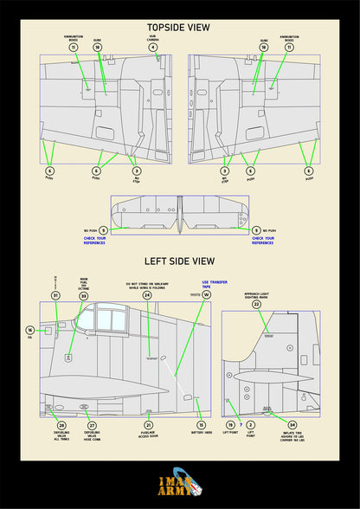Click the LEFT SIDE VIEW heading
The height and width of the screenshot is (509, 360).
coord(178,261)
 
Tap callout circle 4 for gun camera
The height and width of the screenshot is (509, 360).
coord(152,48)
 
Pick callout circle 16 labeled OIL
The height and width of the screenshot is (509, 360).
coord(30,330)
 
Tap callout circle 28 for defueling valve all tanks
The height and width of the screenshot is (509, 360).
coord(61,425)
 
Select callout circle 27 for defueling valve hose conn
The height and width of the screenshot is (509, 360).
coord(92,425)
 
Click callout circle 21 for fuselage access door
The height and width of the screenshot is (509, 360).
coord(148,425)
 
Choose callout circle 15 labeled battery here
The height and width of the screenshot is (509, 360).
coord(201,425)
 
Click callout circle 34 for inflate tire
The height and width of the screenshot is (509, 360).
coord(292,425)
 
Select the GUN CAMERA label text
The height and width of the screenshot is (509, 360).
coord(152,37)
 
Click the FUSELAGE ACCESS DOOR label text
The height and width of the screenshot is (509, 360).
coord(148,435)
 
